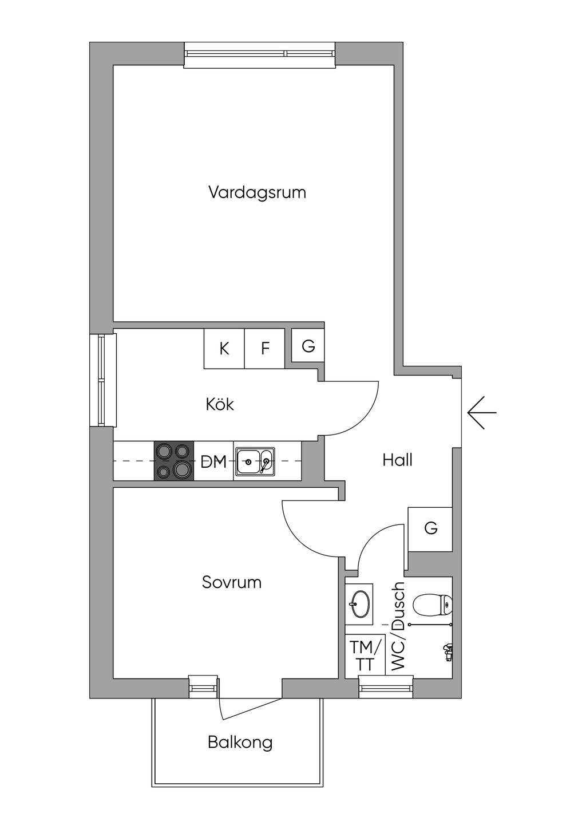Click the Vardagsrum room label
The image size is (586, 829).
257,192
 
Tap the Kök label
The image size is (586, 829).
220,404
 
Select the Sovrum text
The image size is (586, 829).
232,582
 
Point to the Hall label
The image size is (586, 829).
397,460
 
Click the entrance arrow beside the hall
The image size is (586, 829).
482,412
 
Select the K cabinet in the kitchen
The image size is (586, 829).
224,348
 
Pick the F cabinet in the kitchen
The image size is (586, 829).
264,348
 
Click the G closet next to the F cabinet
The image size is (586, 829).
308,345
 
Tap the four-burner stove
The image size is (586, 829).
174,461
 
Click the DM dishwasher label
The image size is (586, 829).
213,461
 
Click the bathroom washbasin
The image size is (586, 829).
359,604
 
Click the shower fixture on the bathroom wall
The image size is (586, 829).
448,654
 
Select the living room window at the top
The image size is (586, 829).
260,55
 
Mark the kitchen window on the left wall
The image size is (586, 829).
103,380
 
